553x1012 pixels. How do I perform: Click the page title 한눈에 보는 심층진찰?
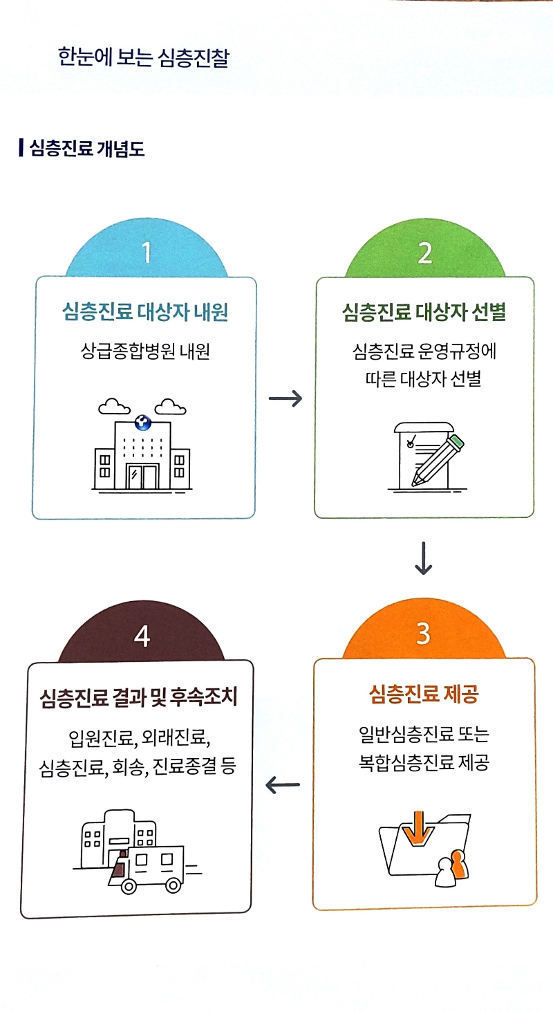click(144, 58)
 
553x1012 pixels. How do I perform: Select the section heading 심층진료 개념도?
click(86, 148)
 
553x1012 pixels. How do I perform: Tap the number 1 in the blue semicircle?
click(146, 253)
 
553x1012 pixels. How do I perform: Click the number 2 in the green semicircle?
click(424, 253)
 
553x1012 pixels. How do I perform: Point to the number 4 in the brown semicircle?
click(142, 636)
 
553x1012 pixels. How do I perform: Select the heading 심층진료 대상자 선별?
click(424, 313)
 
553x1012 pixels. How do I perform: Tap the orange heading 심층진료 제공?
click(424, 694)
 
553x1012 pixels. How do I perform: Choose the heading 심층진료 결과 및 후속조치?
click(138, 696)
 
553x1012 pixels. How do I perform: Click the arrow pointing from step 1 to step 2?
click(285, 399)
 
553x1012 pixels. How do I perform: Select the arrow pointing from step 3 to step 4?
click(283, 784)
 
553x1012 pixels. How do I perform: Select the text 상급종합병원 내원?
click(144, 352)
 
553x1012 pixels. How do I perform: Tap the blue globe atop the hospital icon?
click(142, 422)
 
